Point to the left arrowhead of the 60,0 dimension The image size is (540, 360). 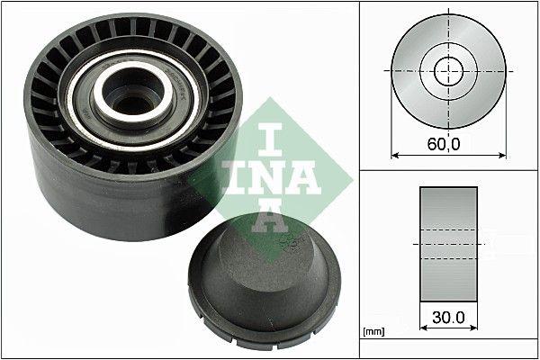[x=394, y=154]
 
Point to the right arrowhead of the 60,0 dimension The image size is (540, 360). [x=501, y=154]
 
